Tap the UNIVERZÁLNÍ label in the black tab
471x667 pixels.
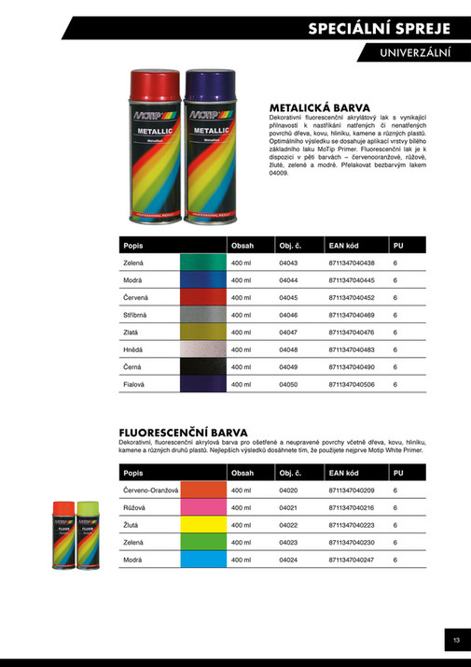(415, 54)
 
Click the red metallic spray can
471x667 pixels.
(156, 149)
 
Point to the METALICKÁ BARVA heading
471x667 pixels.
(320, 106)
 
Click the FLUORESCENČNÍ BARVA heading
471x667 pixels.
(183, 433)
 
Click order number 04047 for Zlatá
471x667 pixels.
(288, 332)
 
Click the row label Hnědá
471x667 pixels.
(132, 348)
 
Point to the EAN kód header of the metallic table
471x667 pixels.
(344, 246)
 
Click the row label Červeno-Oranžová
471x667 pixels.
(150, 490)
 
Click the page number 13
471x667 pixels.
(456, 640)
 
